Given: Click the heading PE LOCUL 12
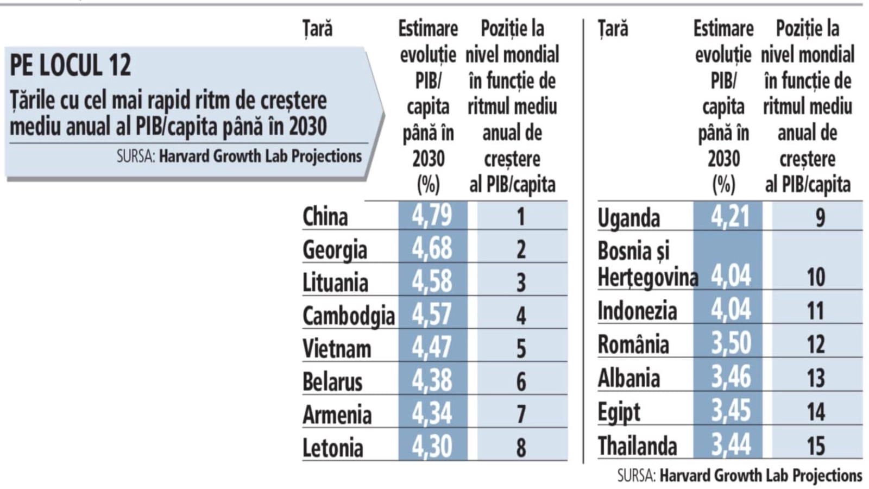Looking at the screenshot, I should pyautogui.click(x=71, y=65).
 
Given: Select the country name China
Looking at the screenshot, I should pyautogui.click(x=325, y=216).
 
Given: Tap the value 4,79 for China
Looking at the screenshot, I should pyautogui.click(x=432, y=215).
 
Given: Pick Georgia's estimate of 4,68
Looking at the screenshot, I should pyautogui.click(x=432, y=248).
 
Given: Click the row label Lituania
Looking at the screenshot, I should pyautogui.click(x=335, y=283).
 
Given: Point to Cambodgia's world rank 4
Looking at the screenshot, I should pyautogui.click(x=521, y=315).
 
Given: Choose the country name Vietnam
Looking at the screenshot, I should pyautogui.click(x=337, y=349).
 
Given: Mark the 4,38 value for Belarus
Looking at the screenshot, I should pyautogui.click(x=432, y=381).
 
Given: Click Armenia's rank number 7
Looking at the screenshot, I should pyautogui.click(x=521, y=415).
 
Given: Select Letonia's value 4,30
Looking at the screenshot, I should pyautogui.click(x=432, y=447).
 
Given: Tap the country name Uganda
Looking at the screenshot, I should pyautogui.click(x=629, y=218).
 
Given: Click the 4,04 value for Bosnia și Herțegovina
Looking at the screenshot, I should pyautogui.click(x=731, y=276).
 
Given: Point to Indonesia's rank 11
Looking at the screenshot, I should pyautogui.click(x=816, y=311).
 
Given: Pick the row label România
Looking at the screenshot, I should pyautogui.click(x=633, y=344).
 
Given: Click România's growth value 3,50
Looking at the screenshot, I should pyautogui.click(x=731, y=343).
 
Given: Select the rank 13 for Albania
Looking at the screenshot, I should pyautogui.click(x=816, y=378).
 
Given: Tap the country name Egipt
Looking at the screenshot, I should pyautogui.click(x=619, y=412).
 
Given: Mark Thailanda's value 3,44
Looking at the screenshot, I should pyautogui.click(x=731, y=445).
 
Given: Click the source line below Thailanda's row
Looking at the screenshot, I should pyautogui.click(x=739, y=476).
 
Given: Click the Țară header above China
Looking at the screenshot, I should pyautogui.click(x=318, y=28).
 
